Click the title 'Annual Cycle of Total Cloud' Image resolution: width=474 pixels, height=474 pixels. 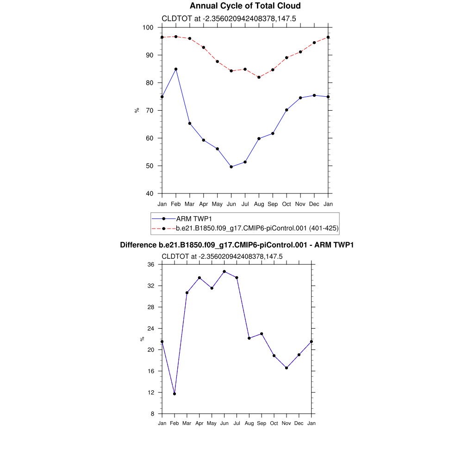click(x=245, y=6)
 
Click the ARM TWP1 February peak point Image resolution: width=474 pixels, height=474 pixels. click(x=176, y=69)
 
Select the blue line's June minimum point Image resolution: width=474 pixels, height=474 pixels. click(x=231, y=167)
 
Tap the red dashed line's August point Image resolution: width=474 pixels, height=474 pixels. click(x=259, y=77)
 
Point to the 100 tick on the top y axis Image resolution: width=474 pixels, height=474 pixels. click(x=149, y=28)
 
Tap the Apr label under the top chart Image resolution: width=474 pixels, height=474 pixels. click(x=203, y=204)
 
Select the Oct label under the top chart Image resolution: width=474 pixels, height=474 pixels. click(x=287, y=204)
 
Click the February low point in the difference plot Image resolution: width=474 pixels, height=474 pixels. click(x=175, y=394)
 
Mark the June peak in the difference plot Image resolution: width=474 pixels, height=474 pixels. click(x=225, y=272)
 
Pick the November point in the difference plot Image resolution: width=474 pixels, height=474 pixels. click(x=287, y=368)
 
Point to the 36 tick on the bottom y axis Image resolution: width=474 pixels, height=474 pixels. click(x=151, y=265)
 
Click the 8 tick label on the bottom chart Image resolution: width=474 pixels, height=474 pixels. click(x=153, y=414)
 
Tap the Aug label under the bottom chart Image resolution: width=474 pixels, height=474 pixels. click(x=249, y=424)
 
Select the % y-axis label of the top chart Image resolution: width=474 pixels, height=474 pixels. click(x=137, y=110)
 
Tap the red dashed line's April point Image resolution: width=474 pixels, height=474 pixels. click(x=203, y=47)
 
